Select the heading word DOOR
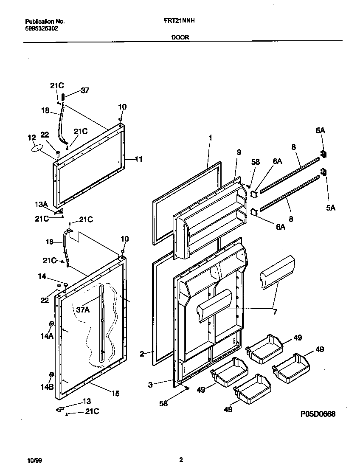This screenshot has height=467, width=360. (180, 37)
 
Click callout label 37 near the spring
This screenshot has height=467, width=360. (85, 90)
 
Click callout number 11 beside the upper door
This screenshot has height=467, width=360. (138, 160)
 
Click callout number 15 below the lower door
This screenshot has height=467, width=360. (115, 394)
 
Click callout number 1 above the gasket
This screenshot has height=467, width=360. (210, 138)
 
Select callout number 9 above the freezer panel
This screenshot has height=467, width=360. (239, 152)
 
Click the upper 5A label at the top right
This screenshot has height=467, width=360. (320, 131)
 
